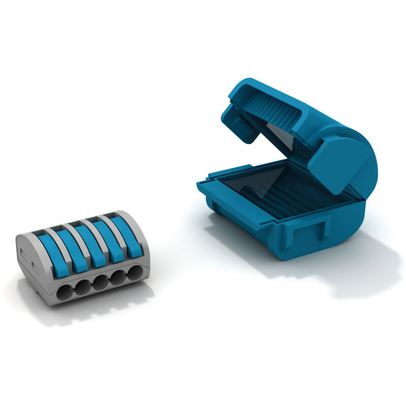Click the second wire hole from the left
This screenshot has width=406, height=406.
[83, 287]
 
